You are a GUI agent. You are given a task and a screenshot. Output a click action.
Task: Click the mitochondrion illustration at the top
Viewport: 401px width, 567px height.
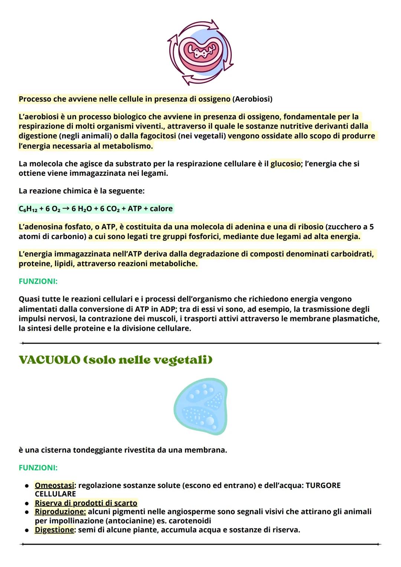200,52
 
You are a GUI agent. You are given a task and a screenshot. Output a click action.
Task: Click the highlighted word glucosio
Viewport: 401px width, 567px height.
285,164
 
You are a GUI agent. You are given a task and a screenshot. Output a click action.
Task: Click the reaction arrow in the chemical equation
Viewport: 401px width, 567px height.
66,208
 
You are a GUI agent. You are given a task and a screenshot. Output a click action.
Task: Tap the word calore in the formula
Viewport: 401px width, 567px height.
161,209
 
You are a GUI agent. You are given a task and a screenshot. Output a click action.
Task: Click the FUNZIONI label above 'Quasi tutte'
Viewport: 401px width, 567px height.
38,282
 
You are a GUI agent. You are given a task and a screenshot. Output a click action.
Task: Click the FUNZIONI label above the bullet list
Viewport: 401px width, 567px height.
38,468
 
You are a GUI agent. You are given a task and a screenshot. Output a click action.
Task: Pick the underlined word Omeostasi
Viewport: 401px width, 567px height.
54,486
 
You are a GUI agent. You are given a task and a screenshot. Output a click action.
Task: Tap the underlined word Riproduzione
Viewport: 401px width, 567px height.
60,512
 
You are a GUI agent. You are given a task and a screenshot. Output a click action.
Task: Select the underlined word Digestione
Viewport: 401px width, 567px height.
54,530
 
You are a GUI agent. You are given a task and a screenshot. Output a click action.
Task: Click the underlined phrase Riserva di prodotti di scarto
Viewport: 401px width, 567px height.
86,503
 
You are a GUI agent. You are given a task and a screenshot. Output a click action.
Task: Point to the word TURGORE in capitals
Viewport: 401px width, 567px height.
323,486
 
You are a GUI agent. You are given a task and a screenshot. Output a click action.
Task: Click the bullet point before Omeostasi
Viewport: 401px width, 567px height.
27,486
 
